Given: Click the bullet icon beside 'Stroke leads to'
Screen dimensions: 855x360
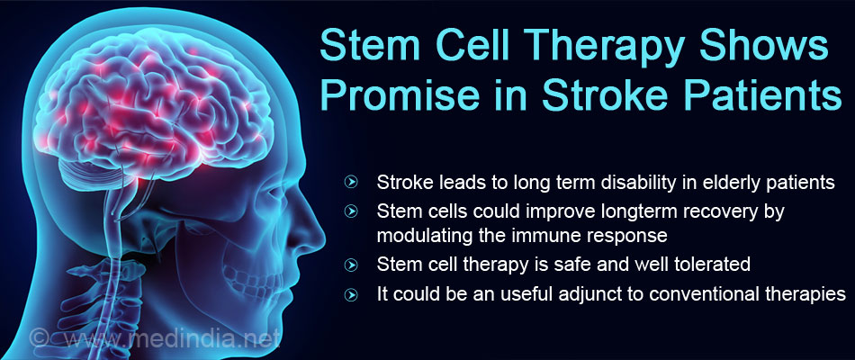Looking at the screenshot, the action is point(352,183).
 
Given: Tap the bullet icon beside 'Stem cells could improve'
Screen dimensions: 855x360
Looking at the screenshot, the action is point(352,211).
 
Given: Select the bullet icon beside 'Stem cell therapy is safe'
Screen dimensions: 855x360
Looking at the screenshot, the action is point(352,265).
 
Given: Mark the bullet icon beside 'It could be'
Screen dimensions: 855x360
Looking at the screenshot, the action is point(352,294).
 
